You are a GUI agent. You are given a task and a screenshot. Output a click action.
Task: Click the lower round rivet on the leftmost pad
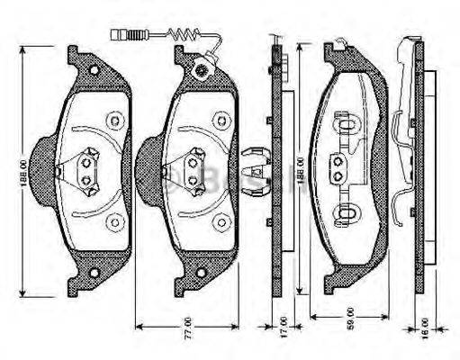click(x=113, y=221)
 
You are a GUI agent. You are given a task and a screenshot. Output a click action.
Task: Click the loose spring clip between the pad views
click(x=255, y=167)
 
